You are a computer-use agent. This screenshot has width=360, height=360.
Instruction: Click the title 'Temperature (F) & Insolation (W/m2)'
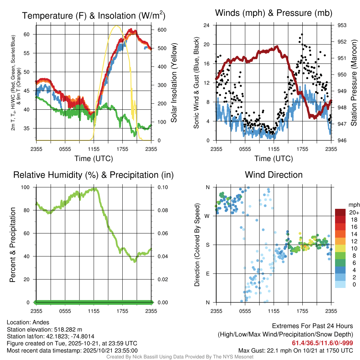(x=94, y=15)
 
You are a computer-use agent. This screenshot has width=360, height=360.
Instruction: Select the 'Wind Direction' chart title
(x=274, y=175)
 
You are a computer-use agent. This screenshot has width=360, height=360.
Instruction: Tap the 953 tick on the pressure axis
(x=342, y=25)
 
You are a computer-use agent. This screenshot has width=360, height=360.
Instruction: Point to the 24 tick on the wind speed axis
(x=207, y=25)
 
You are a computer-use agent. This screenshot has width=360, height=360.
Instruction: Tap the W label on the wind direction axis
(x=207, y=216)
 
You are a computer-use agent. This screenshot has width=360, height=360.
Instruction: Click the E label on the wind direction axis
(x=207, y=274)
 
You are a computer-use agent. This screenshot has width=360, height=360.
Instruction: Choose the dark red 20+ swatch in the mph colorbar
(x=340, y=212)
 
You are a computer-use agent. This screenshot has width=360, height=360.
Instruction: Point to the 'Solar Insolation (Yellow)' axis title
(x=174, y=83)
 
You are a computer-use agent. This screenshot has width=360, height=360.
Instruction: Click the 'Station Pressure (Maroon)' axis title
(x=354, y=83)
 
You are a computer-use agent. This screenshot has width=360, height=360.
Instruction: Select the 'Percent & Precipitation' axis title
(x=13, y=245)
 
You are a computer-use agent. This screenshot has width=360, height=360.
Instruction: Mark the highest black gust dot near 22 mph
(x=302, y=34)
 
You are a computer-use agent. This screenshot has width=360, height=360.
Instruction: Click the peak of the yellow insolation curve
(x=116, y=26)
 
